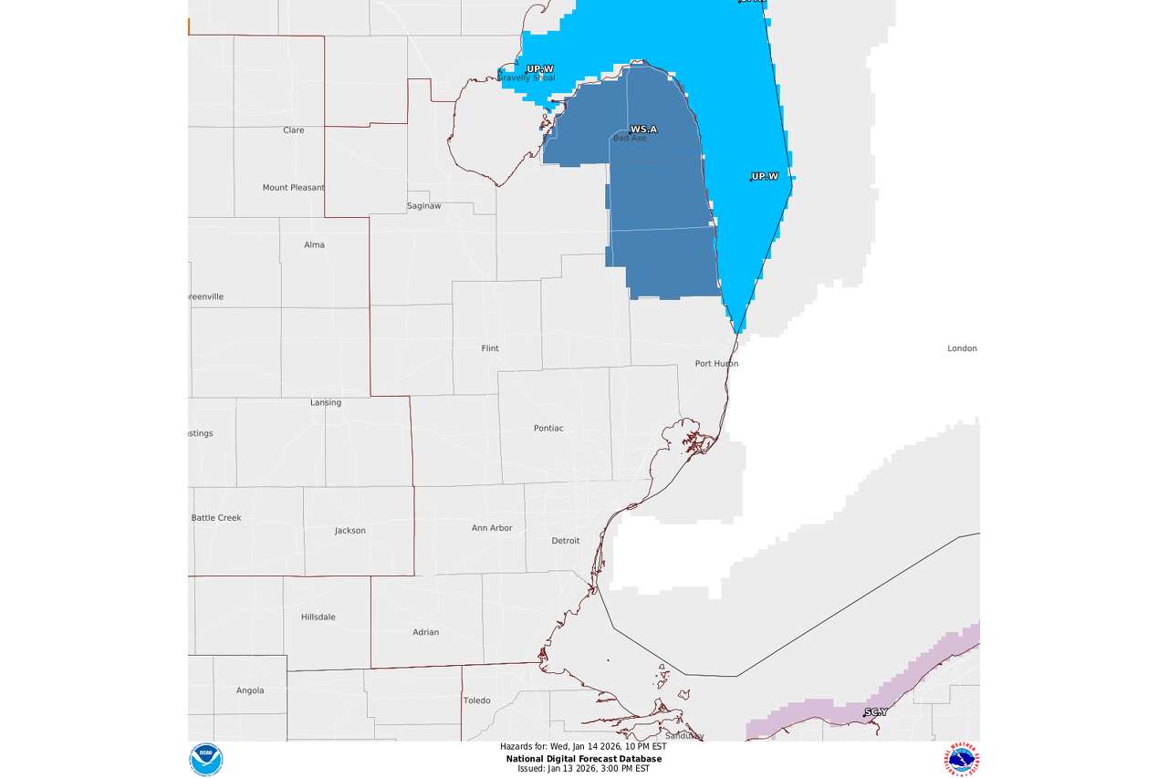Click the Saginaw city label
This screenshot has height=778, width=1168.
coord(423,206)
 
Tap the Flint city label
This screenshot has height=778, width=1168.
coord(490,348)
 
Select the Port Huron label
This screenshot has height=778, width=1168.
coord(716,363)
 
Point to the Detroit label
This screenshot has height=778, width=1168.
coord(566,541)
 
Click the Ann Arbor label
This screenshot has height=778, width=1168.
coord(492,528)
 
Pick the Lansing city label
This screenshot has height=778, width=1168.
coord(326,402)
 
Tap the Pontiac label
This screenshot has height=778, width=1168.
coord(548,428)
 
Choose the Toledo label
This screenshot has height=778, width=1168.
coord(476,700)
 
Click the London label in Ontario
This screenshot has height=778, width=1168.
coord(962,348)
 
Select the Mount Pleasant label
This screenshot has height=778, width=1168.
coord(294,188)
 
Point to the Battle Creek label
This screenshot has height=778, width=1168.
coord(216,518)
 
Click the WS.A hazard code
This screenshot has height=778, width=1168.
coord(643,130)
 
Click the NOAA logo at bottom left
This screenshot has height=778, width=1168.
coord(205,760)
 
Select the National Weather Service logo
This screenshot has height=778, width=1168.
coord(962,760)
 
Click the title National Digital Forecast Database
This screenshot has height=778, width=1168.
coord(584,759)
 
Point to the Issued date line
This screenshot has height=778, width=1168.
coord(584,769)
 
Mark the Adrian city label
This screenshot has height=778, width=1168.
coord(425,632)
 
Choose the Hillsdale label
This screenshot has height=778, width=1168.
coord(318,617)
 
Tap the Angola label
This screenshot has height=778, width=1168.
coord(250,690)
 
